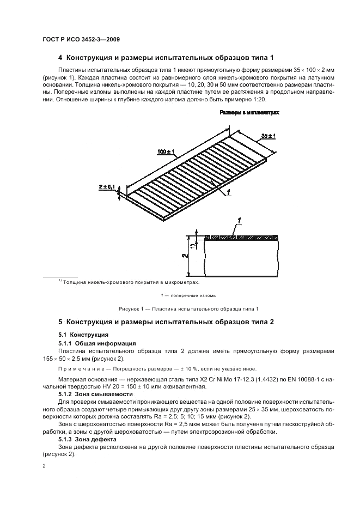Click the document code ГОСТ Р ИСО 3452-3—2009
click(81, 40)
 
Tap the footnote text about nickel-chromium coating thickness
click(131, 282)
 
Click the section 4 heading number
click(60, 57)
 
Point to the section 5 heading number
click(60, 323)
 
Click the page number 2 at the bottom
click(44, 466)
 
